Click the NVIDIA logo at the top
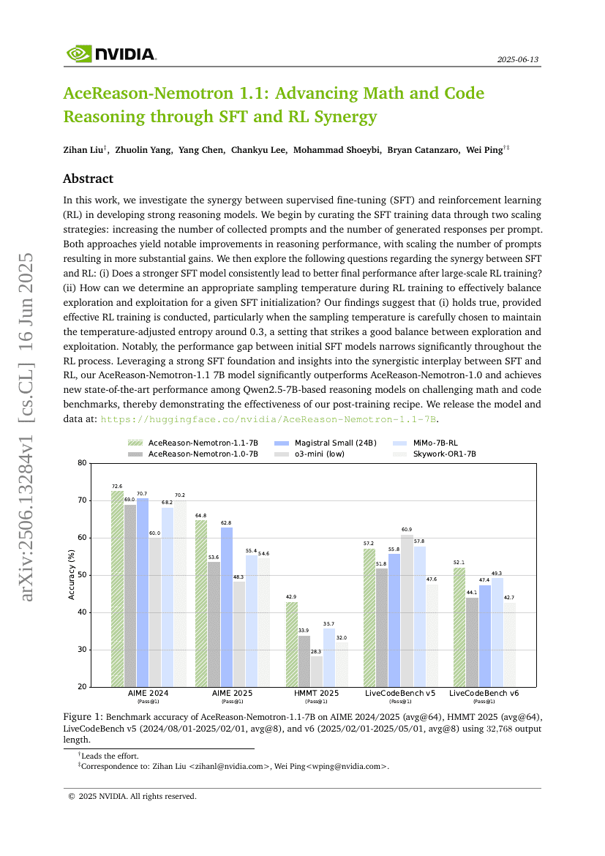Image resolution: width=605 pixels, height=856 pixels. point(110,53)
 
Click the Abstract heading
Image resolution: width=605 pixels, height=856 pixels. point(88,179)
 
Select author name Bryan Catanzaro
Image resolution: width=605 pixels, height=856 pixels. point(426,149)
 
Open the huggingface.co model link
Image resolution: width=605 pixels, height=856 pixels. point(268,418)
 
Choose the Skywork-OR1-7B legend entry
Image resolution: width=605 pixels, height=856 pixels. point(444,454)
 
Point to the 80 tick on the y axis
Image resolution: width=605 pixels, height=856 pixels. point(82,463)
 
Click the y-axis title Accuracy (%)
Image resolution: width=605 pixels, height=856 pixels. point(72,575)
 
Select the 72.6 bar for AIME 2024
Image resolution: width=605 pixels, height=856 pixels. point(117,588)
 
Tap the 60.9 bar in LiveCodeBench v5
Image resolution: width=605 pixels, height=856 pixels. point(407,610)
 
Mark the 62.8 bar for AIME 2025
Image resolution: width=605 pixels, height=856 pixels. point(227,607)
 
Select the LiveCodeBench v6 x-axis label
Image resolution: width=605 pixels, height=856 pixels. point(484,693)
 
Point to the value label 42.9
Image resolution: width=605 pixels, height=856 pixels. point(292,597)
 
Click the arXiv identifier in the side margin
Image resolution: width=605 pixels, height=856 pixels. point(27,427)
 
